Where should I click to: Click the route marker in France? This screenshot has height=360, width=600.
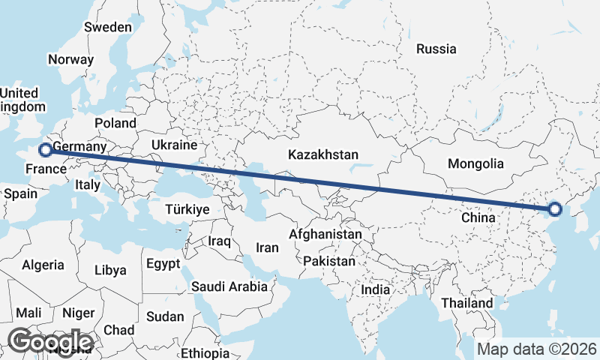point(45,150)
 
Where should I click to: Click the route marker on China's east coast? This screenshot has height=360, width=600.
point(556,209)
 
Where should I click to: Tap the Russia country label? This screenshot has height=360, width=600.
point(436,49)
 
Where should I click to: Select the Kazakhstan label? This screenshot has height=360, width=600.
point(323,154)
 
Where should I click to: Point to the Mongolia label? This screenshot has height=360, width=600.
point(475,163)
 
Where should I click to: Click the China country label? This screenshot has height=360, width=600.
point(478,217)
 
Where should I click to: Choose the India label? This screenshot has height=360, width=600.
point(375,289)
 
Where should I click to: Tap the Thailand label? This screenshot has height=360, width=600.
point(467,303)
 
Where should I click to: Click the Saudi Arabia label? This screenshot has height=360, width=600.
point(229,286)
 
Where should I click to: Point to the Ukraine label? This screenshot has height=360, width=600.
point(174,145)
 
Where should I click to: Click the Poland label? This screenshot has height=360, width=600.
point(115,123)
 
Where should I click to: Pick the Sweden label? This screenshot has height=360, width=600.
point(108,27)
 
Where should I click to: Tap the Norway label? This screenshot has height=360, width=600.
point(70,60)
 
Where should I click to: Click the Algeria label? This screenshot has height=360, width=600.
point(43,264)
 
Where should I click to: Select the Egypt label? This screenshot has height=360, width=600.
point(163,264)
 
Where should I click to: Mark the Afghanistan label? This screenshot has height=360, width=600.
point(331,235)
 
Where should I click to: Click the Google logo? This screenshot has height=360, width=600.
point(49,342)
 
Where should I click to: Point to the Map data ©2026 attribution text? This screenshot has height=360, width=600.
point(536,349)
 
